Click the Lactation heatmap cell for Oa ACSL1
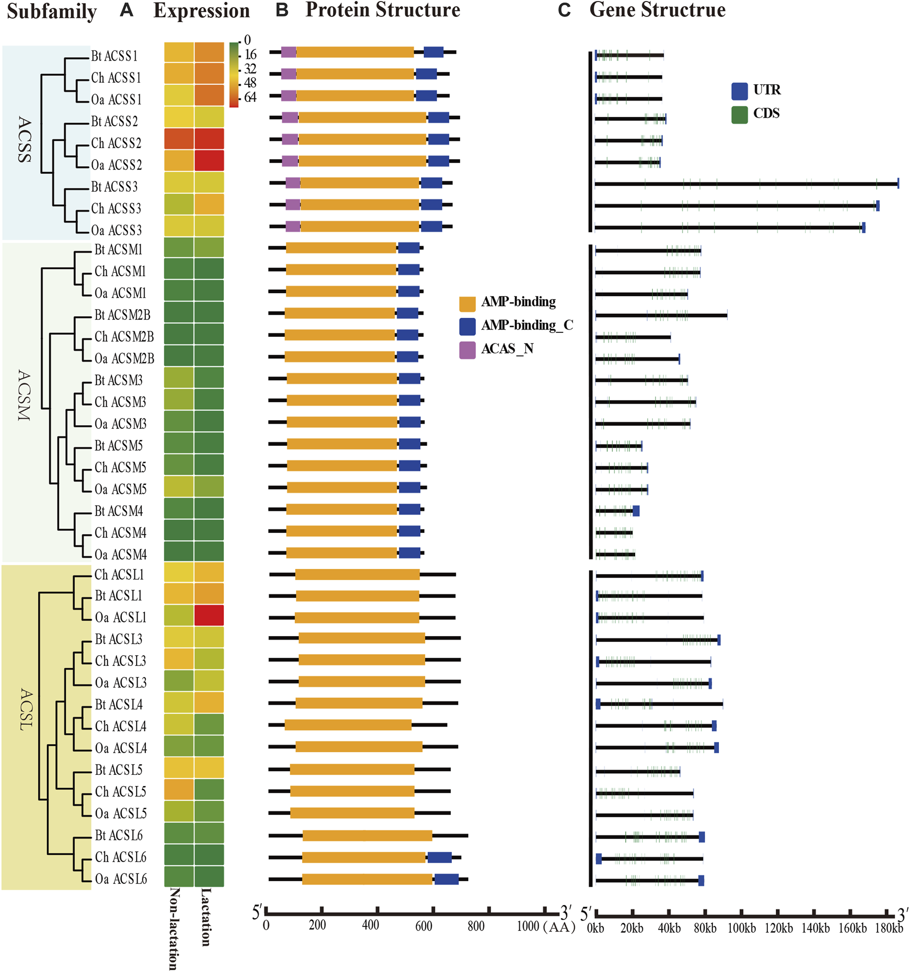click(x=209, y=615)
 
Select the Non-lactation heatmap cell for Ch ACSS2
click(x=179, y=139)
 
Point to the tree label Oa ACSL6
click(x=121, y=879)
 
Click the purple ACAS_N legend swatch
click(x=467, y=350)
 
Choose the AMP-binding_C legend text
click(x=527, y=326)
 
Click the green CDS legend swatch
click(x=740, y=115)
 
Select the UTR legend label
click(x=767, y=90)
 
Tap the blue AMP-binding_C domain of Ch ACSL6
click(x=440, y=857)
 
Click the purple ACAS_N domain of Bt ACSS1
click(x=289, y=52)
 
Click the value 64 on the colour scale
click(x=250, y=97)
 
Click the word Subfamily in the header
click(x=51, y=11)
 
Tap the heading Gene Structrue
click(x=657, y=10)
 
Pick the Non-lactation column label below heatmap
click(x=174, y=928)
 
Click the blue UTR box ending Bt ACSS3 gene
click(x=898, y=183)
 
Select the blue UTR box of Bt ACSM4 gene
click(x=636, y=511)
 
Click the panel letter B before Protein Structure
click(x=282, y=10)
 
